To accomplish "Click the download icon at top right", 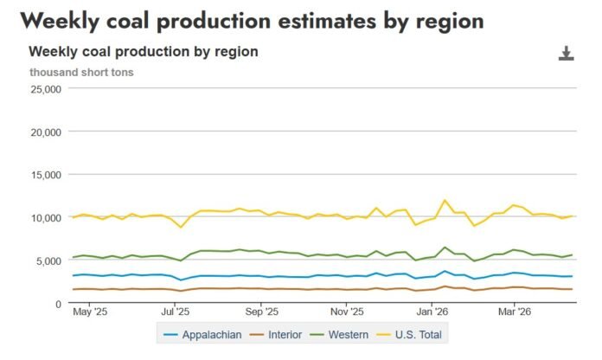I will [x=567, y=55].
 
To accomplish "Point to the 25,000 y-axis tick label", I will [x=44, y=89].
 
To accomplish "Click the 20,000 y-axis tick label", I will [x=44, y=132].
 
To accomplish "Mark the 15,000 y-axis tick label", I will [x=44, y=175].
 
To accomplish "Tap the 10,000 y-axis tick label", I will [x=44, y=217].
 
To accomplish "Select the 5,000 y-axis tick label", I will [x=47, y=260].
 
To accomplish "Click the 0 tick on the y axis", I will [x=56, y=304].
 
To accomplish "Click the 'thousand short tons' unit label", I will [x=81, y=72].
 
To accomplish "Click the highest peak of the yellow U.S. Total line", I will [x=445, y=201].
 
